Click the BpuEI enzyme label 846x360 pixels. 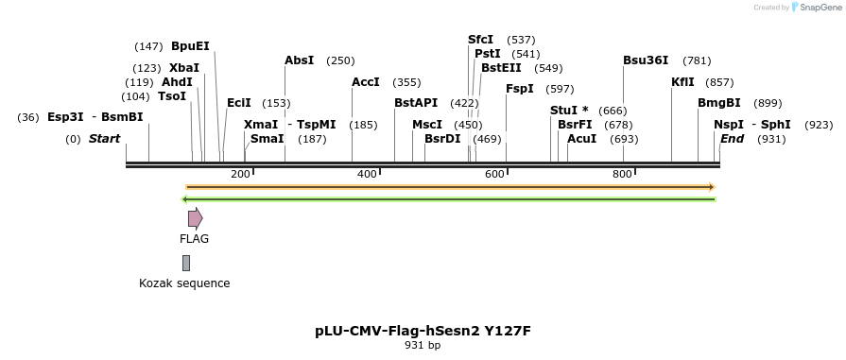point(190,46)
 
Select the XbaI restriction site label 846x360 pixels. point(183,68)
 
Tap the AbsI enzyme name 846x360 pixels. point(299,60)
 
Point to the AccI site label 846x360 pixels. point(365,82)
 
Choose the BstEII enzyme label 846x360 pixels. point(501,68)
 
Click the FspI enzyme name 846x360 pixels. point(520,89)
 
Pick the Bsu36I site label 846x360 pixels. point(646,60)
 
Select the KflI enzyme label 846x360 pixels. point(682,82)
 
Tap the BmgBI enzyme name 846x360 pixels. point(718,103)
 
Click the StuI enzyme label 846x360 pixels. point(563,111)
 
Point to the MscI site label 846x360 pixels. point(427,125)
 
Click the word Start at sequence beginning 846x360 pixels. point(104,139)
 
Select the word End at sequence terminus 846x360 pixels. point(732,139)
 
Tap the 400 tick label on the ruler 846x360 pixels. point(366,174)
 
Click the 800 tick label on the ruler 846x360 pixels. point(622,174)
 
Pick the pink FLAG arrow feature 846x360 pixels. point(195,219)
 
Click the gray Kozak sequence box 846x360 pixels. point(186,263)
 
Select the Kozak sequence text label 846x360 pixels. point(184,283)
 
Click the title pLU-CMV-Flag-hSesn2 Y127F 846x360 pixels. point(423,331)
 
